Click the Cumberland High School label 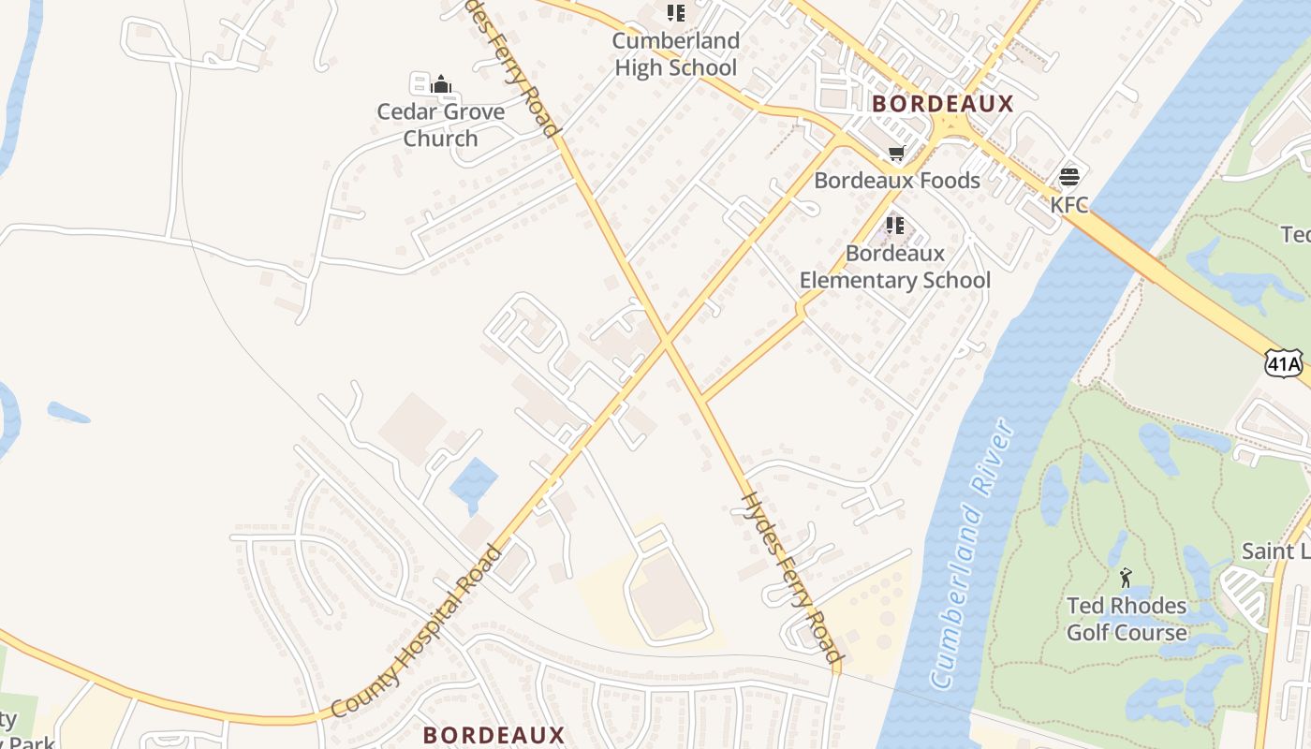[x=675, y=54]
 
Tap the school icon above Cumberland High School [x=675, y=13]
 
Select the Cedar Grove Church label [x=440, y=125]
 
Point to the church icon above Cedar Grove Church [x=441, y=85]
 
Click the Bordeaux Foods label [x=896, y=181]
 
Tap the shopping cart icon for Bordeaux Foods [x=896, y=153]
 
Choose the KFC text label [x=1068, y=204]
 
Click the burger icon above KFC [x=1068, y=177]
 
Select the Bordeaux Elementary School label [x=894, y=267]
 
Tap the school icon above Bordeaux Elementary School [x=894, y=226]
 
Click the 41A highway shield [x=1283, y=363]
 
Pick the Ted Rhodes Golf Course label [x=1126, y=619]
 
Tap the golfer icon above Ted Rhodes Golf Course [x=1126, y=577]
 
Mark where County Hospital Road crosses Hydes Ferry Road [x=666, y=344]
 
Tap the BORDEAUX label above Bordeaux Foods [x=943, y=104]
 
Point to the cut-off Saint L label [x=1275, y=551]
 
